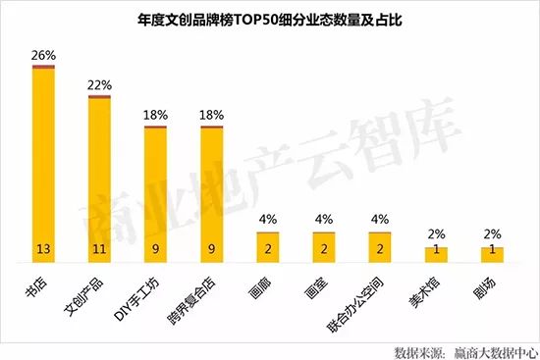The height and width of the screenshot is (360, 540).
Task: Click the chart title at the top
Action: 270,19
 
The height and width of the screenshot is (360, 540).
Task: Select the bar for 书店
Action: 43,162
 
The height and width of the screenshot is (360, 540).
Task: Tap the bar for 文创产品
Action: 99,177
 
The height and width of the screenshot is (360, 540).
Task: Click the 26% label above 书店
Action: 43,54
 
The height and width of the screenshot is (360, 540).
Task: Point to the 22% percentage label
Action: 99,85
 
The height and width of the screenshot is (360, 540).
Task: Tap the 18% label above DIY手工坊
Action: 155,116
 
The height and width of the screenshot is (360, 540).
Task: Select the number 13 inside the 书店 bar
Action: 43,249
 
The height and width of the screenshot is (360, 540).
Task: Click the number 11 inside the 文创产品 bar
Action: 99,249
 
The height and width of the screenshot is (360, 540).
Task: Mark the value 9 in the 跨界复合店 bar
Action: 211,249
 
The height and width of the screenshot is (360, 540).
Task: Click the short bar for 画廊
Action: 267,245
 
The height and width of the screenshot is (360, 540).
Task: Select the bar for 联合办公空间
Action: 379,245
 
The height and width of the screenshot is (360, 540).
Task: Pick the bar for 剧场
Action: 491,254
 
